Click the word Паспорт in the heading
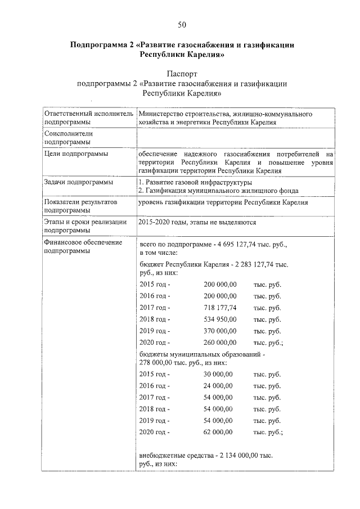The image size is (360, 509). (182, 74)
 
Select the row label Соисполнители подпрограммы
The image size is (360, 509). (68, 138)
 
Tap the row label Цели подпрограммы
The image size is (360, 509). (76, 153)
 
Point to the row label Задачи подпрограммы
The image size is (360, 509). (78, 182)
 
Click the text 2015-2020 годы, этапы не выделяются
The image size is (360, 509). (197, 222)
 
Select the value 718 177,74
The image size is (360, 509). (220, 308)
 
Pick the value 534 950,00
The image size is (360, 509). (220, 319)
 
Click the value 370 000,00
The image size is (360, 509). (220, 331)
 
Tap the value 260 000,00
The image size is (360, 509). (220, 342)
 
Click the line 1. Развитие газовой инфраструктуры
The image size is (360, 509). (195, 182)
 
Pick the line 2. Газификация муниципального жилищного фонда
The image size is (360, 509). (218, 191)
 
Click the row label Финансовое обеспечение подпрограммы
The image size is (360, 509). (75, 246)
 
